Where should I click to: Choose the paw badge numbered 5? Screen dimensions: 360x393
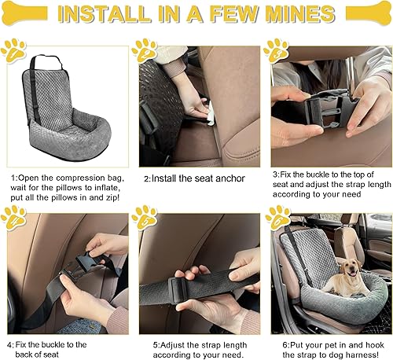pos(145,218)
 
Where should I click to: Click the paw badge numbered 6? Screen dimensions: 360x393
pos(277,218)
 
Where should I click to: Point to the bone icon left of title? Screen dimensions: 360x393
pos(24,13)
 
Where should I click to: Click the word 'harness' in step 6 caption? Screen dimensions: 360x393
pos(363,354)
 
